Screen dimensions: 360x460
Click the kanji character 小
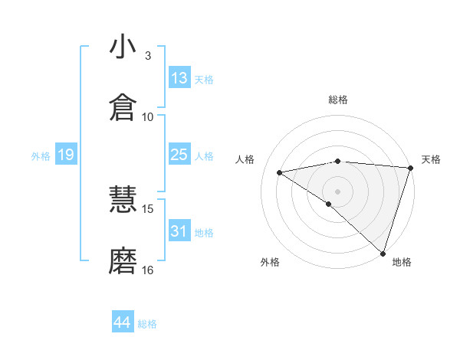tap(123, 48)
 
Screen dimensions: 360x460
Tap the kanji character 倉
tap(123, 108)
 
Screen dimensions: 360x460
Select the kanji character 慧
tap(123, 201)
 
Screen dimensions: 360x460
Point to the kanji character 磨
tap(123, 261)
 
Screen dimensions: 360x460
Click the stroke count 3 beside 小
tap(148, 56)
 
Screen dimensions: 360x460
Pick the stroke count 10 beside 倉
tap(148, 116)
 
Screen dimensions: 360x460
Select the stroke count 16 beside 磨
tap(148, 270)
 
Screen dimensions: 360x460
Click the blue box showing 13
tap(179, 78)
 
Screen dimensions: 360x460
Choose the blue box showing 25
tap(179, 155)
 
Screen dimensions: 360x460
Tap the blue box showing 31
tap(179, 231)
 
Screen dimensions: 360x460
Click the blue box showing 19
tap(65, 155)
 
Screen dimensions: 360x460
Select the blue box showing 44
tap(123, 322)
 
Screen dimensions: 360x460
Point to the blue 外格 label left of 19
tap(41, 155)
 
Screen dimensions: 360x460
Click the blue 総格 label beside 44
tap(147, 323)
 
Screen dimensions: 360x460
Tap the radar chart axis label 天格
tap(432, 159)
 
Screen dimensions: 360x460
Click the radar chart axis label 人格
tap(246, 159)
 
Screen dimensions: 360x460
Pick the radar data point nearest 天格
tap(410, 168)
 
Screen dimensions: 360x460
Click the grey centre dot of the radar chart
tap(338, 191)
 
